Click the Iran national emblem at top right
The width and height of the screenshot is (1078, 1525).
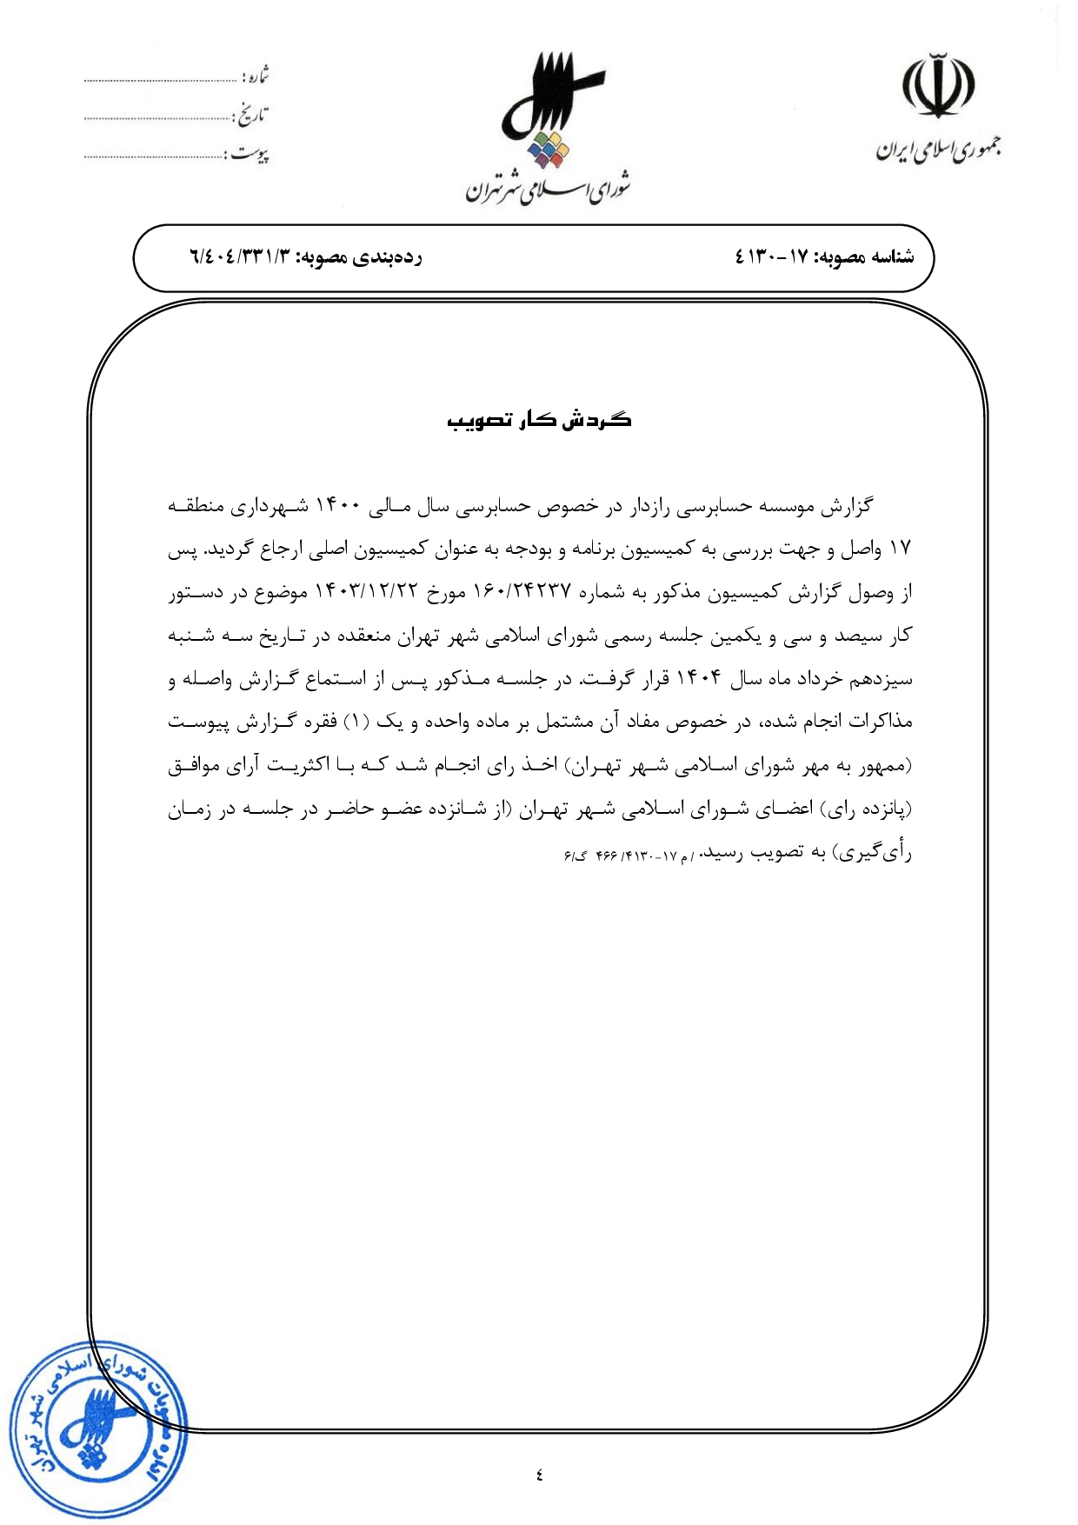tap(937, 86)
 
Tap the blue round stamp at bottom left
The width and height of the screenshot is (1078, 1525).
tap(97, 1428)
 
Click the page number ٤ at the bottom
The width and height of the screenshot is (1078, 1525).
tap(539, 1474)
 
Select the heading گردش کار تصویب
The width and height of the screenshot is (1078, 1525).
tap(539, 421)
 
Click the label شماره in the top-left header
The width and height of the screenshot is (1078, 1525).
tap(256, 76)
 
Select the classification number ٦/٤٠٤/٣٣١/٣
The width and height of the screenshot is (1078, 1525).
tap(238, 257)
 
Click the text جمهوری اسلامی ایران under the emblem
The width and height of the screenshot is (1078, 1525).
tap(938, 150)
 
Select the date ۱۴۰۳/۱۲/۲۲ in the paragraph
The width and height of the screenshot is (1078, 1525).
tap(367, 593)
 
